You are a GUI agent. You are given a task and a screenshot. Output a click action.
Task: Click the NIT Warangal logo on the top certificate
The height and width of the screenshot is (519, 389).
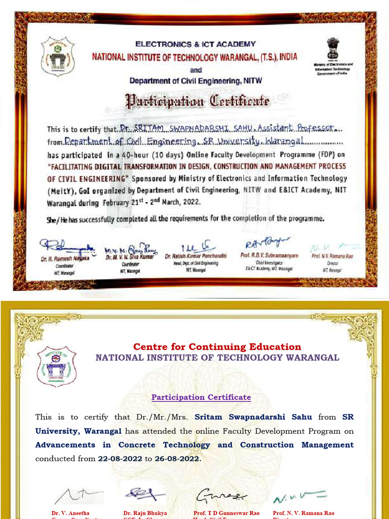pos(58,56)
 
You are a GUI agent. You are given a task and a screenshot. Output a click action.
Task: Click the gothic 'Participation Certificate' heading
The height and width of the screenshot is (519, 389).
pos(198,100)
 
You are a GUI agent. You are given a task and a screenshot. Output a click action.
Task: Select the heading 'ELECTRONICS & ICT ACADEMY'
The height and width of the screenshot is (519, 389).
pos(196,44)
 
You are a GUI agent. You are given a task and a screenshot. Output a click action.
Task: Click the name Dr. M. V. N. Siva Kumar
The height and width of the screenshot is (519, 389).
pos(129,257)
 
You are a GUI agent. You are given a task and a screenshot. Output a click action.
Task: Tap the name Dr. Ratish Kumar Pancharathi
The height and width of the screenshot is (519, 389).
pos(196,257)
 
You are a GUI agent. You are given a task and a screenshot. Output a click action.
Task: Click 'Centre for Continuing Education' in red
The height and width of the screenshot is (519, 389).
pos(217,347)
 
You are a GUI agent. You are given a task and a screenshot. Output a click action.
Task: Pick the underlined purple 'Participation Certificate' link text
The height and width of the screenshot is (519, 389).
pos(201,397)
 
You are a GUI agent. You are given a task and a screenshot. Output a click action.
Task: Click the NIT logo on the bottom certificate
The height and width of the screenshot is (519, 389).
pos(57,366)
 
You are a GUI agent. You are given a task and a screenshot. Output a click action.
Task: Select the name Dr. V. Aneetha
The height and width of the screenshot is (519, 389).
pos(70,513)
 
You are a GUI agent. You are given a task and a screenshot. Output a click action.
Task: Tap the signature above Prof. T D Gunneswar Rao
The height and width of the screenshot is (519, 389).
pos(221,495)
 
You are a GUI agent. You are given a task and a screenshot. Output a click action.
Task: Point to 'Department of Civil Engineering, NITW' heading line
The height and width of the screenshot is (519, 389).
pos(196,81)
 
